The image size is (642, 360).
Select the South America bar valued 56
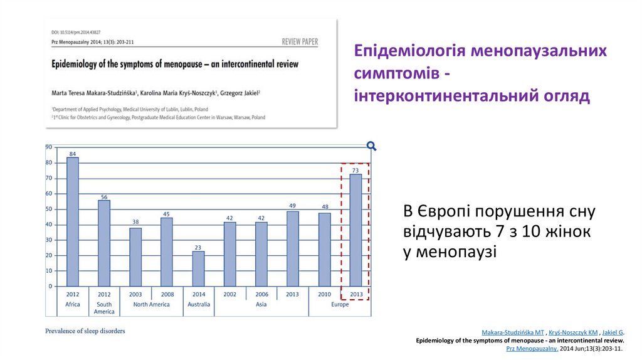(104, 243)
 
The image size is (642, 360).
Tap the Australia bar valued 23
(198, 268)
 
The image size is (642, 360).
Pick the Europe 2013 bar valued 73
(355, 230)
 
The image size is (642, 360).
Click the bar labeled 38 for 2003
(135, 257)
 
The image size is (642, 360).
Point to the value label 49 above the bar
(292, 206)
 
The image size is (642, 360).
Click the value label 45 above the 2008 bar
(167, 214)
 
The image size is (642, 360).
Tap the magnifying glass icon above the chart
(371, 146)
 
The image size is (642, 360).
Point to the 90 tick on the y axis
(48, 147)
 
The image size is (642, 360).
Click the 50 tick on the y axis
(48, 209)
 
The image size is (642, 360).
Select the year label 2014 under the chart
(198, 294)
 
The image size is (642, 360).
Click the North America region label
(151, 304)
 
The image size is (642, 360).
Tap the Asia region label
(261, 304)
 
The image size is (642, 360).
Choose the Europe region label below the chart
(340, 304)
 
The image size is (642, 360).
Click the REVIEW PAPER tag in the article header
(300, 42)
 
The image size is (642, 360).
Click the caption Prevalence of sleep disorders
(85, 331)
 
